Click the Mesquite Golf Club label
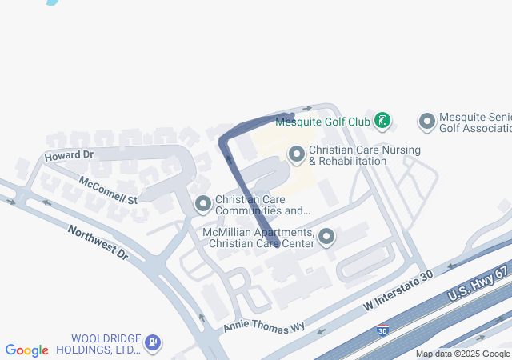[322, 122]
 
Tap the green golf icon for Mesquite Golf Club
[383, 122]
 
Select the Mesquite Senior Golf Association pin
[426, 122]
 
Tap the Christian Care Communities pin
[203, 205]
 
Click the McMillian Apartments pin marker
[326, 236]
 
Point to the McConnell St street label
[108, 190]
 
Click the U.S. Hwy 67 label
[478, 284]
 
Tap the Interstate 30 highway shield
[382, 330]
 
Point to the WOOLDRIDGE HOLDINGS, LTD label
[106, 343]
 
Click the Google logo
[27, 350]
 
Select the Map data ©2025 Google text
[462, 354]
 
